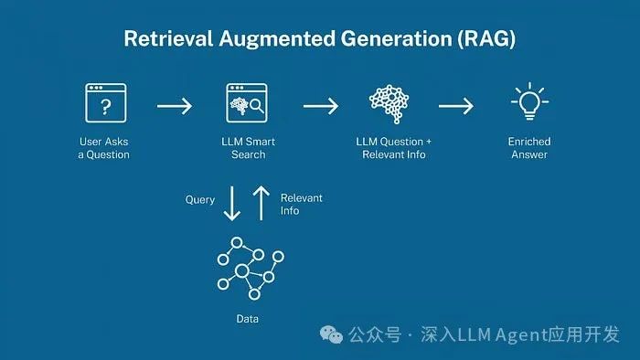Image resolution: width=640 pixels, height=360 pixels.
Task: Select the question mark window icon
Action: [x=104, y=104]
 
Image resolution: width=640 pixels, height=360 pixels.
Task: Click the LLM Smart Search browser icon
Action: [x=247, y=104]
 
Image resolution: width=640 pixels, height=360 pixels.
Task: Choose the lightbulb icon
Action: [x=528, y=102]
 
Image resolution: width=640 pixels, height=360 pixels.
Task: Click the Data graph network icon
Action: [x=248, y=270]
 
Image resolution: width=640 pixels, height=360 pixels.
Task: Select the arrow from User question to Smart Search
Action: [x=175, y=106]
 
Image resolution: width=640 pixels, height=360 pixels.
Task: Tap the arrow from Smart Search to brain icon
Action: [x=320, y=106]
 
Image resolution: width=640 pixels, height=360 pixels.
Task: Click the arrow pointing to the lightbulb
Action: [x=456, y=106]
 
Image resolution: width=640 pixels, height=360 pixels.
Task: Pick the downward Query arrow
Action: [x=232, y=204]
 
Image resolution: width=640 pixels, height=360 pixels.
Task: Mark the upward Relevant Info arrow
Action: [x=261, y=204]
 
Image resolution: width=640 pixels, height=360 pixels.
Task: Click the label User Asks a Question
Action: [x=103, y=148]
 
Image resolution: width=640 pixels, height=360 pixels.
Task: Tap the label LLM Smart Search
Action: [x=248, y=148]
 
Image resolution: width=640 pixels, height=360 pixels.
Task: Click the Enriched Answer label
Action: [x=528, y=148]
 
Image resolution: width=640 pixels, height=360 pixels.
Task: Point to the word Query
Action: [x=200, y=199]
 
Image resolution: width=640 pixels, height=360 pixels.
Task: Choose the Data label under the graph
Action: [x=248, y=319]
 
